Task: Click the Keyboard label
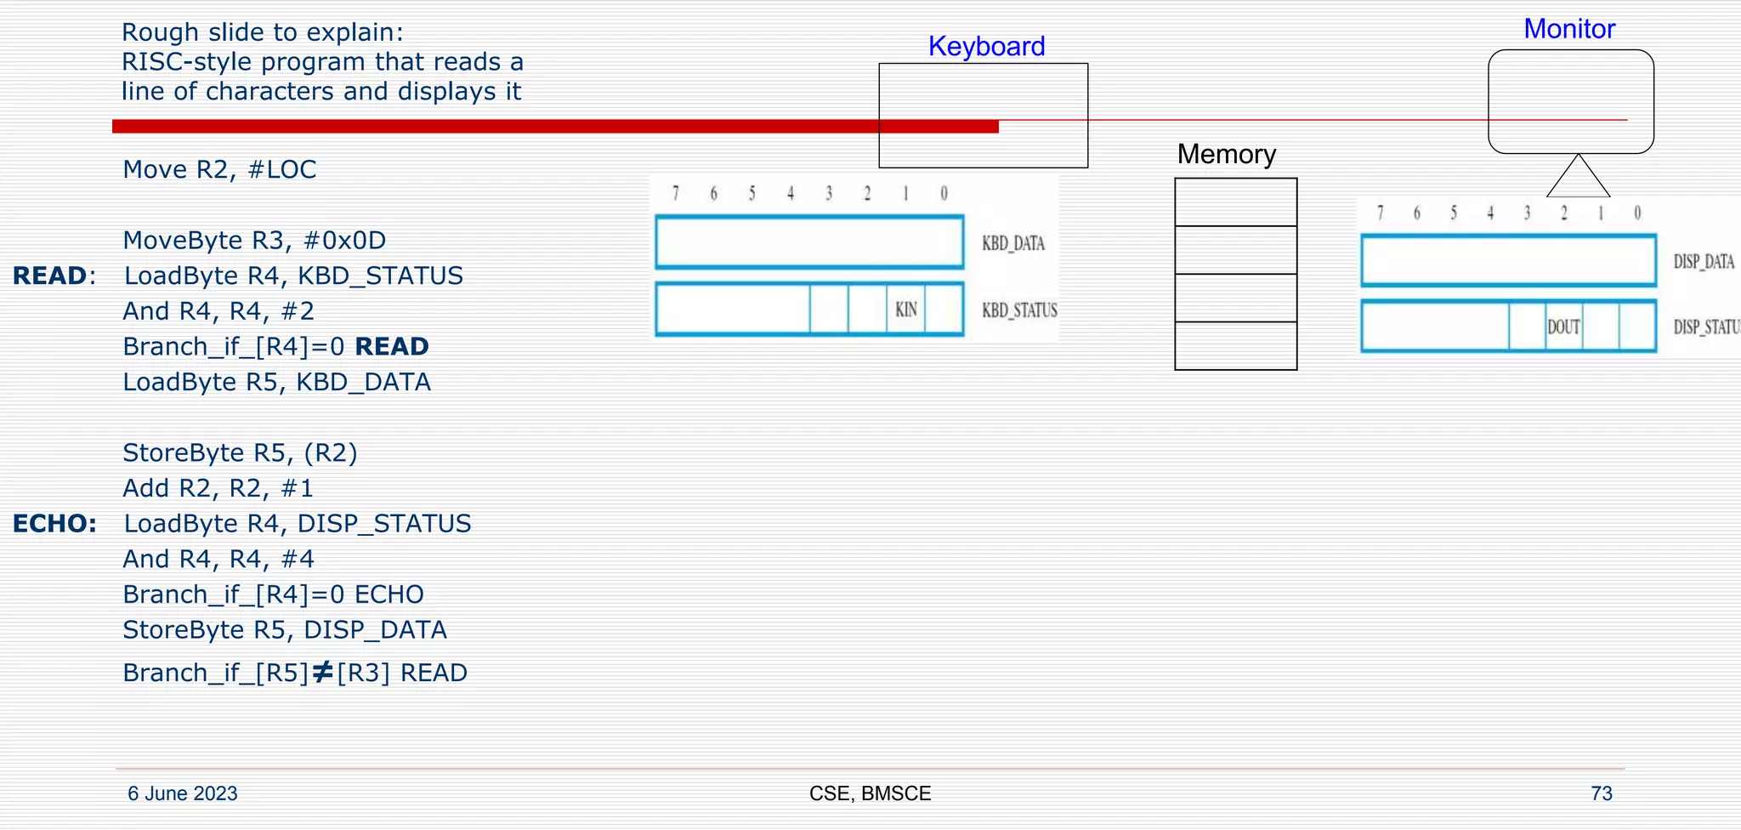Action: tap(986, 46)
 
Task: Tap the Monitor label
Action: tap(1568, 29)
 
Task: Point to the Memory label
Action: tap(1226, 154)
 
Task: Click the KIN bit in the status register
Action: tap(906, 310)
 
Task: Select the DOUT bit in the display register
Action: tap(1563, 327)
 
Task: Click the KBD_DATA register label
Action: tap(1012, 243)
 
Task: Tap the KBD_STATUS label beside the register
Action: tap(1019, 310)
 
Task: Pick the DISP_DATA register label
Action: tap(1703, 262)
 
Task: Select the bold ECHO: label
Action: tap(54, 524)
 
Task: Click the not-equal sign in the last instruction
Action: tap(322, 673)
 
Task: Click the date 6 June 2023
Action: tap(182, 793)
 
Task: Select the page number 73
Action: tap(1601, 793)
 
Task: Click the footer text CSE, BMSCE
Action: tap(870, 793)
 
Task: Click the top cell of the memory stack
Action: tap(1235, 202)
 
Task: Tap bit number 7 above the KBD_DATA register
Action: tap(676, 194)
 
